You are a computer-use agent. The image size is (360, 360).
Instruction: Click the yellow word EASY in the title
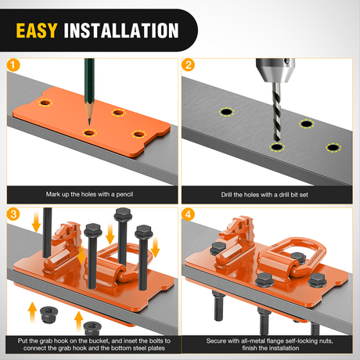[x=37, y=31]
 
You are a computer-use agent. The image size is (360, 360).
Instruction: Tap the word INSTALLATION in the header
[x=121, y=31]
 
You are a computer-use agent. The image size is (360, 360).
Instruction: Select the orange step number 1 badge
[x=13, y=65]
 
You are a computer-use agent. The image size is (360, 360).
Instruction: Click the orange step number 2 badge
[x=188, y=65]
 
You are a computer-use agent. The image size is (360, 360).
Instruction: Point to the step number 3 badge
[x=13, y=214]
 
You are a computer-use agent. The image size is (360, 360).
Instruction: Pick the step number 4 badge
[x=188, y=214]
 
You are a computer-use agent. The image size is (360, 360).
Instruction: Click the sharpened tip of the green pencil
[x=89, y=124]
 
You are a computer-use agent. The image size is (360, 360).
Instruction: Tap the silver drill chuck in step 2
[x=275, y=70]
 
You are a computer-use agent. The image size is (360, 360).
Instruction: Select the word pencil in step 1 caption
[x=124, y=194]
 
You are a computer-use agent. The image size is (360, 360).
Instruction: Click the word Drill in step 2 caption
[x=227, y=195]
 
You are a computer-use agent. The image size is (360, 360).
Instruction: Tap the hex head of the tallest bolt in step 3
[x=123, y=214]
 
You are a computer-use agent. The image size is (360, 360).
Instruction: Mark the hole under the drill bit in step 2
[x=277, y=147]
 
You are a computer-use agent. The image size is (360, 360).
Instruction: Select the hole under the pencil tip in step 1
[x=89, y=133]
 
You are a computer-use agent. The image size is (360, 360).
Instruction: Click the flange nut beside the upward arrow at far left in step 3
[x=49, y=315]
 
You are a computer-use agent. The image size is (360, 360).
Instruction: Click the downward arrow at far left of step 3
[x=36, y=221]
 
